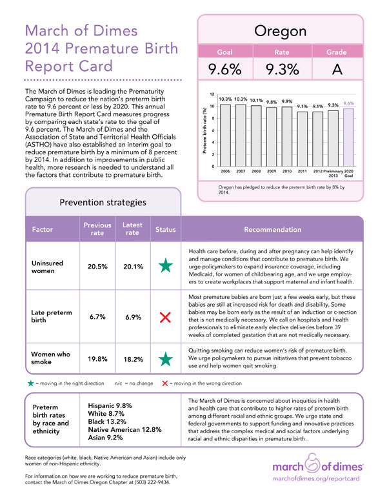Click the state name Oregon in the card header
pos(281,32)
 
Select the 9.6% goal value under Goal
pos(225,69)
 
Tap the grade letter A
pos(337,69)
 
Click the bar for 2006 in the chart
pos(226,136)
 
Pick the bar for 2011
pos(303,139)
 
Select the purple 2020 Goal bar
pos(349,138)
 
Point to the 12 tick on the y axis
pos(212,94)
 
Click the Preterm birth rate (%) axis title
pos(205,130)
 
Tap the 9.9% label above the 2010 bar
pos(287,101)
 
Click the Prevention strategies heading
pos(103,202)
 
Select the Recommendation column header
pos(272,229)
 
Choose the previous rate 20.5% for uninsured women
pos(97,267)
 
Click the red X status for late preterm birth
pos(165,317)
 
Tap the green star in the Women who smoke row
pos(166,359)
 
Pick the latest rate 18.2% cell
pos(133,360)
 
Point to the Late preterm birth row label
pos(52,316)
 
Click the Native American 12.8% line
pos(125,430)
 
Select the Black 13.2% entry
pos(107,422)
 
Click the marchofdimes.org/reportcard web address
pos(316,478)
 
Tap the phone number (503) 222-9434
pos(152,482)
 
